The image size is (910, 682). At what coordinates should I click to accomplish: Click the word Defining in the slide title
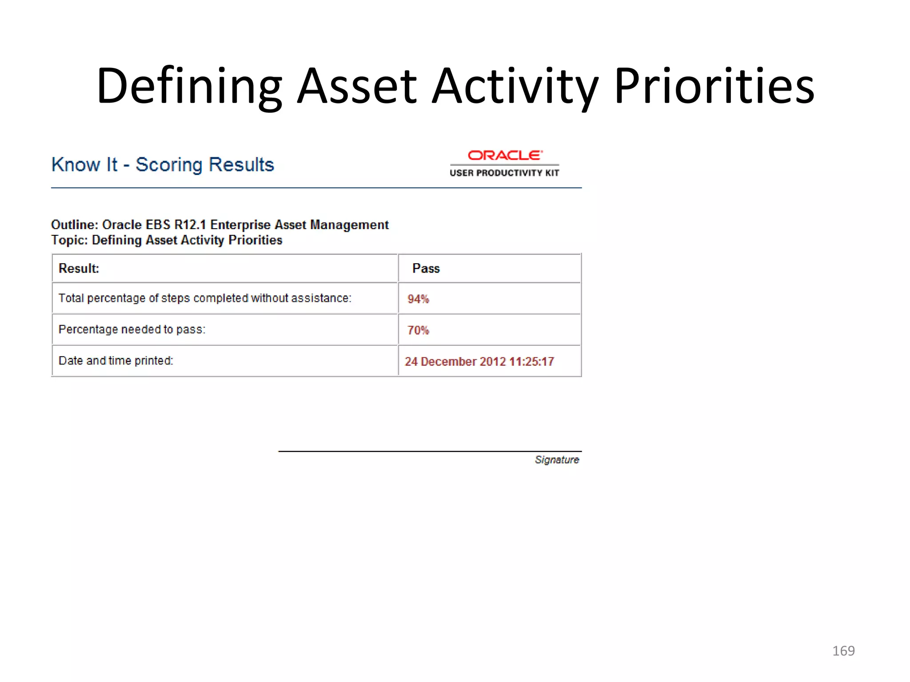(189, 87)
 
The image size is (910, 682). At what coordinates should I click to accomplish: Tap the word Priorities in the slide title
(714, 87)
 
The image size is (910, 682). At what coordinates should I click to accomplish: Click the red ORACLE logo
(505, 155)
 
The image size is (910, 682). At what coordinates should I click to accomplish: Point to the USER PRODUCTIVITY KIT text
(504, 173)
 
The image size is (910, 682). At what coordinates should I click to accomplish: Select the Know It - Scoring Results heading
(163, 165)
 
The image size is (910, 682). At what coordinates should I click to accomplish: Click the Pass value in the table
(426, 269)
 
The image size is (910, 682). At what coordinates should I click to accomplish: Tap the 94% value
(418, 299)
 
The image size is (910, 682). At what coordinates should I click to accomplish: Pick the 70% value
(418, 330)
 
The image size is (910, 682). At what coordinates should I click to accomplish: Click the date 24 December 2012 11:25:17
(479, 361)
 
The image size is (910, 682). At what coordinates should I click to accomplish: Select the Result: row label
(79, 269)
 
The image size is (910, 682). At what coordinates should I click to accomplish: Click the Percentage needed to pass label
(132, 329)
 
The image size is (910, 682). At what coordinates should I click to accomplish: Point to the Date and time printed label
(116, 361)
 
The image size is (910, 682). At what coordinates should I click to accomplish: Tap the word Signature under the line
(557, 460)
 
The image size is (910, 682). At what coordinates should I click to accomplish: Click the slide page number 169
(843, 651)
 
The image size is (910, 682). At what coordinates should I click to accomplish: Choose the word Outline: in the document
(74, 225)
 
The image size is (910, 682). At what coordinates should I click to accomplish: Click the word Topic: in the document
(69, 240)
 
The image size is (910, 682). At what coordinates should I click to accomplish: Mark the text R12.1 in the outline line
(190, 225)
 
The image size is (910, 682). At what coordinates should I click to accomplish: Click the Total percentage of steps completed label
(205, 298)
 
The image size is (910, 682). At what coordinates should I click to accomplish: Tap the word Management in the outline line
(349, 225)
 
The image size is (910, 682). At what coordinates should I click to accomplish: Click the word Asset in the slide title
(357, 87)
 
